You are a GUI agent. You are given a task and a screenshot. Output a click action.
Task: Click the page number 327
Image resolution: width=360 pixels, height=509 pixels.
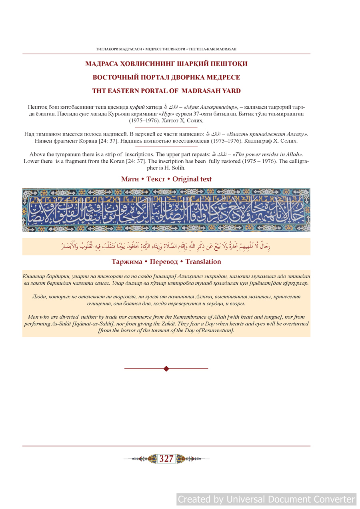coord(166,459)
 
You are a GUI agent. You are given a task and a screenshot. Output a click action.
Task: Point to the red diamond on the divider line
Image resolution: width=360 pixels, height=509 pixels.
coord(166,369)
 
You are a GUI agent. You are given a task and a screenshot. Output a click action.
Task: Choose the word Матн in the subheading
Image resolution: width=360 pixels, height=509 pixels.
coord(130,179)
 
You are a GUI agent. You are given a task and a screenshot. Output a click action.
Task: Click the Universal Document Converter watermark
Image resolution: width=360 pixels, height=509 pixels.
coord(266,499)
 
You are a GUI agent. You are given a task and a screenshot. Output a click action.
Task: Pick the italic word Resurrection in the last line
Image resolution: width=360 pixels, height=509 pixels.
coord(213,330)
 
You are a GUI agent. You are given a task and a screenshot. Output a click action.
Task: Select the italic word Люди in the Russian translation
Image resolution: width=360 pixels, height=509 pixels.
coord(38,297)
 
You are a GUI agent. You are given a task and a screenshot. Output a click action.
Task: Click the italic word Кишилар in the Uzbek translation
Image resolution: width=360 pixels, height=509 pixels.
coord(34,276)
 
